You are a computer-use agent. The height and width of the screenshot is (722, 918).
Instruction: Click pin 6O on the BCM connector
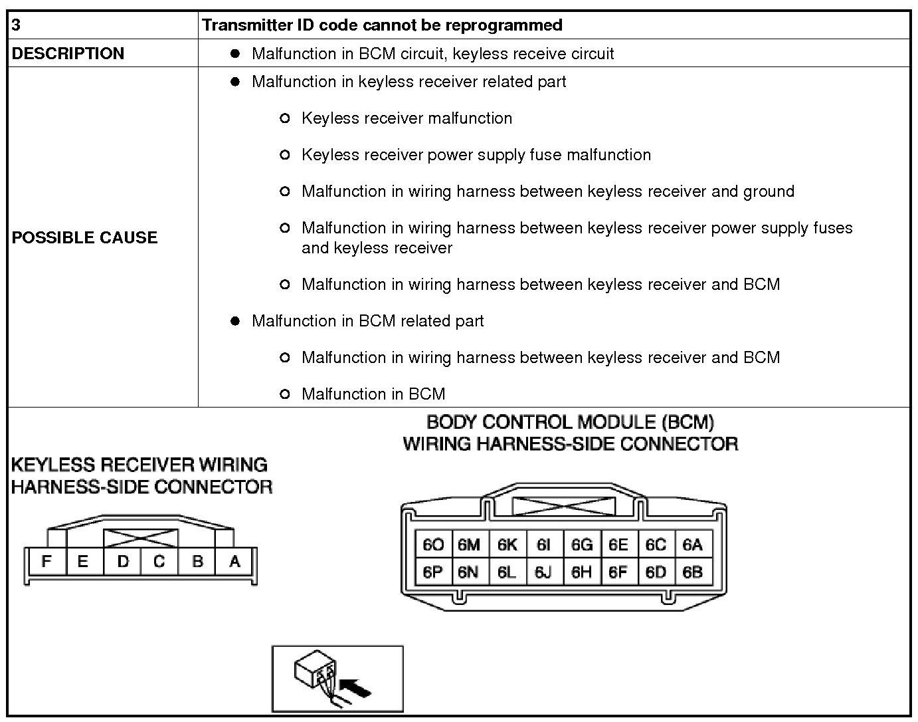(433, 544)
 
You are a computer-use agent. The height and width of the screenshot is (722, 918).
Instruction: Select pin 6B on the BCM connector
(693, 572)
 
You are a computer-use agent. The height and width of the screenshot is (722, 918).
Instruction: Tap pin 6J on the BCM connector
(543, 572)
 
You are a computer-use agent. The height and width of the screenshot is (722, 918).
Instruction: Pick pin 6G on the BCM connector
(581, 544)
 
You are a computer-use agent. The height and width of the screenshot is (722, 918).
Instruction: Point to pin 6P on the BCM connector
(433, 572)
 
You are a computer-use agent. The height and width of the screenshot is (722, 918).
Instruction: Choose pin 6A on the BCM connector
(693, 544)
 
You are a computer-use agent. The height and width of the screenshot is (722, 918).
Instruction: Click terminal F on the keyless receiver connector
(46, 562)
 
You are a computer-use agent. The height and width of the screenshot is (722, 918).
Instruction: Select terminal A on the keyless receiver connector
(234, 562)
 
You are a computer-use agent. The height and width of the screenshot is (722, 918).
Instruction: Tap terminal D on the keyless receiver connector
(123, 562)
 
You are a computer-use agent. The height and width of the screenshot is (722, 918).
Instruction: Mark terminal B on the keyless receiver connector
(197, 562)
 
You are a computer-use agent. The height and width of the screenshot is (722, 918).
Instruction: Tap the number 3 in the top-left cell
(17, 25)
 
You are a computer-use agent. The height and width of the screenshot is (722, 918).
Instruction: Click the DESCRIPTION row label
(68, 53)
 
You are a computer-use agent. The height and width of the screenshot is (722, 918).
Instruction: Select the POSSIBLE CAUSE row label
(84, 237)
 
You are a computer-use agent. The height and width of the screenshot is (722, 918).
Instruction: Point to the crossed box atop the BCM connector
(564, 507)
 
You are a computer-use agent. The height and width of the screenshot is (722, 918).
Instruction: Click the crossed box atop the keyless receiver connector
(141, 538)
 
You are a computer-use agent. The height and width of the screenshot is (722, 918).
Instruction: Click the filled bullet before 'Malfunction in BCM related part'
(234, 321)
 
